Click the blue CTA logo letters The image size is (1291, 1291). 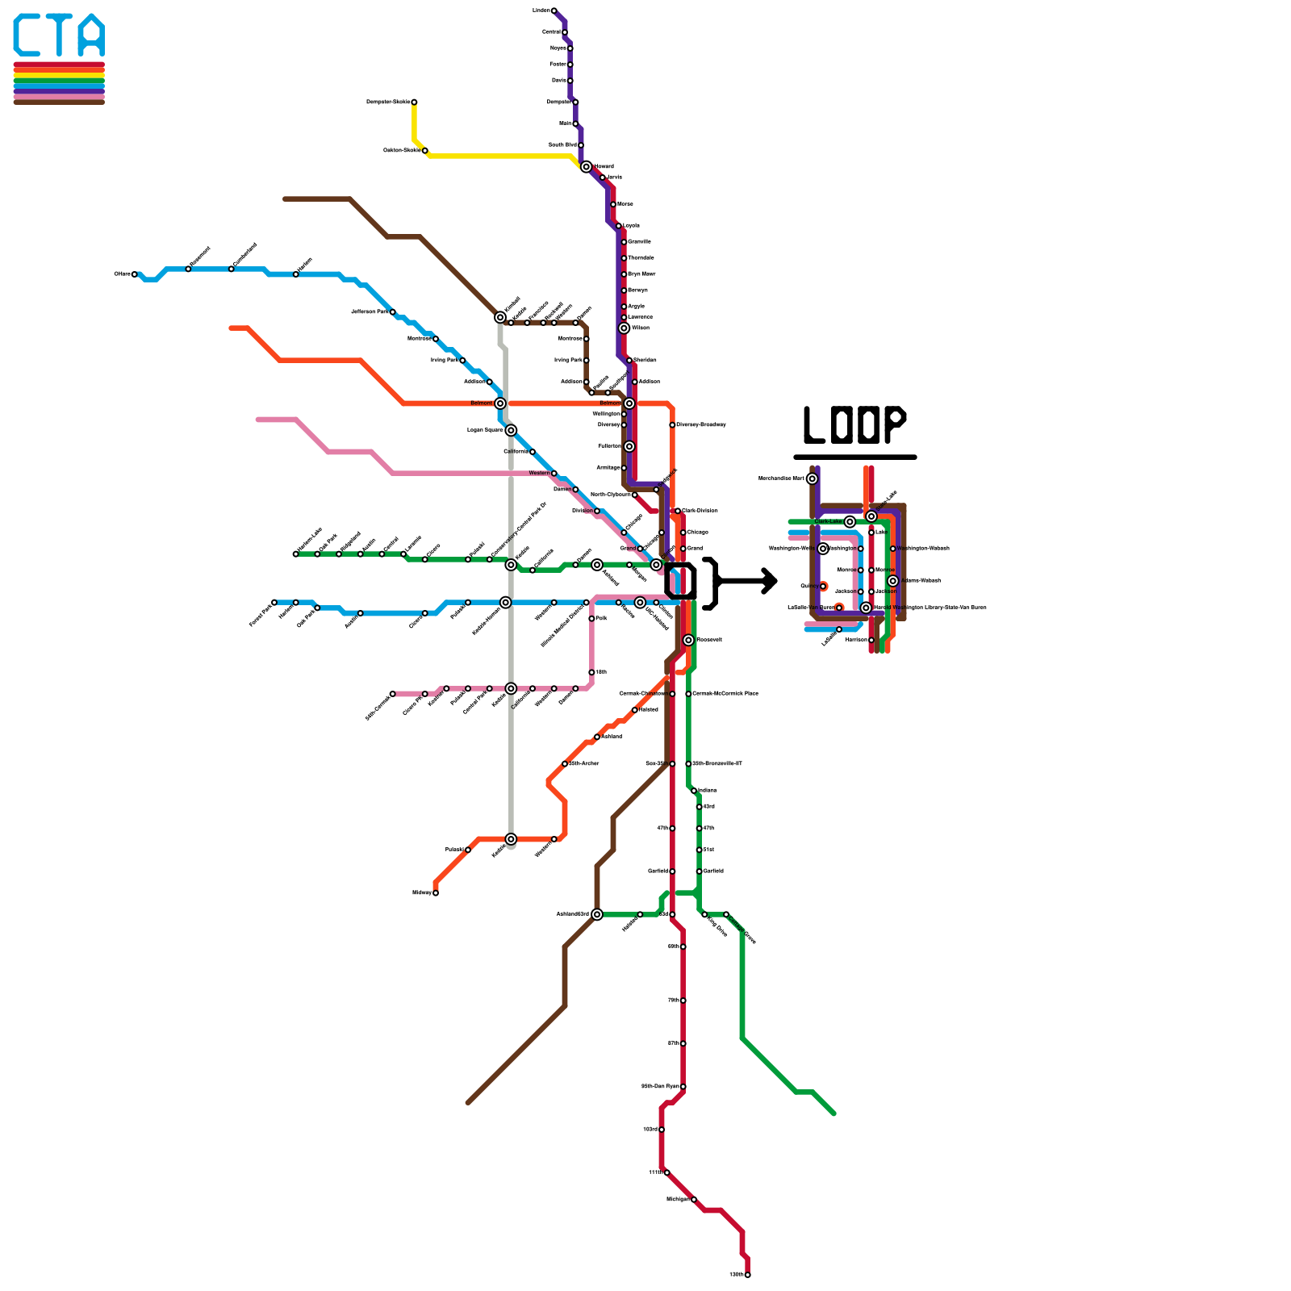point(59,36)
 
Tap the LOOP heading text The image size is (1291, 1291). point(854,425)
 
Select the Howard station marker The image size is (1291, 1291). point(587,167)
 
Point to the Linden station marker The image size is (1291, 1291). point(554,10)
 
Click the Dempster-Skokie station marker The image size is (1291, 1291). point(414,102)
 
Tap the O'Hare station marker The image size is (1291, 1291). point(135,274)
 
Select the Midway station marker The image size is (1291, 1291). point(436,892)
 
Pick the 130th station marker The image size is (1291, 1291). point(748,1275)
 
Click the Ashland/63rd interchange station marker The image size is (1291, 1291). point(597,914)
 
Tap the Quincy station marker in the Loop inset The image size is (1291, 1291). point(823,587)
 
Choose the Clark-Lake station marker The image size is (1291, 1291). point(850,522)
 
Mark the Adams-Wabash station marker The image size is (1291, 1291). point(892,581)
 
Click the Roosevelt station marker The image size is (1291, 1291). point(688,640)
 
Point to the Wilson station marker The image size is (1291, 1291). point(624,328)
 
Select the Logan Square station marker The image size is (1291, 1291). point(511,430)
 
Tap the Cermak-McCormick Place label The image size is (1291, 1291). point(725,694)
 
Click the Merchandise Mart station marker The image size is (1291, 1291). point(812,478)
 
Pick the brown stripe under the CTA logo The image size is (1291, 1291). point(59,102)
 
